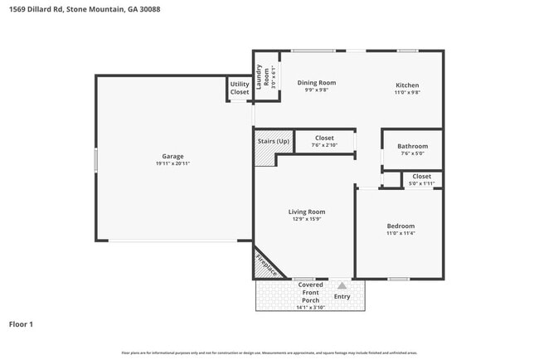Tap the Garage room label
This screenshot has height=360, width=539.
[x=172, y=156]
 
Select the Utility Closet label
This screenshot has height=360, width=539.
[x=240, y=88]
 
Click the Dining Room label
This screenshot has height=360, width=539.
[x=316, y=83]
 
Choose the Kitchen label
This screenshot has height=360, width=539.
[x=407, y=85]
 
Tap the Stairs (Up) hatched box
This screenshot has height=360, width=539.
[x=274, y=141]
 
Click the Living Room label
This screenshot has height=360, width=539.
[x=307, y=212]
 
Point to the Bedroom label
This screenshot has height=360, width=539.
[x=401, y=226]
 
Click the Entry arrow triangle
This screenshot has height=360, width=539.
[x=342, y=285]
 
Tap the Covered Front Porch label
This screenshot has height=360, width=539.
[x=311, y=292]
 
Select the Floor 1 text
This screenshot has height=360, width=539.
[x=21, y=324]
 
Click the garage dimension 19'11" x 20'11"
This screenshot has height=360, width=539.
[x=172, y=163]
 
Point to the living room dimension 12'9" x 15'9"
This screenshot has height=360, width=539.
[x=307, y=219]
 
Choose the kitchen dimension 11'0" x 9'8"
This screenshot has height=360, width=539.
[x=407, y=93]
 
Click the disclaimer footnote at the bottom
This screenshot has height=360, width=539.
[x=269, y=353]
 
